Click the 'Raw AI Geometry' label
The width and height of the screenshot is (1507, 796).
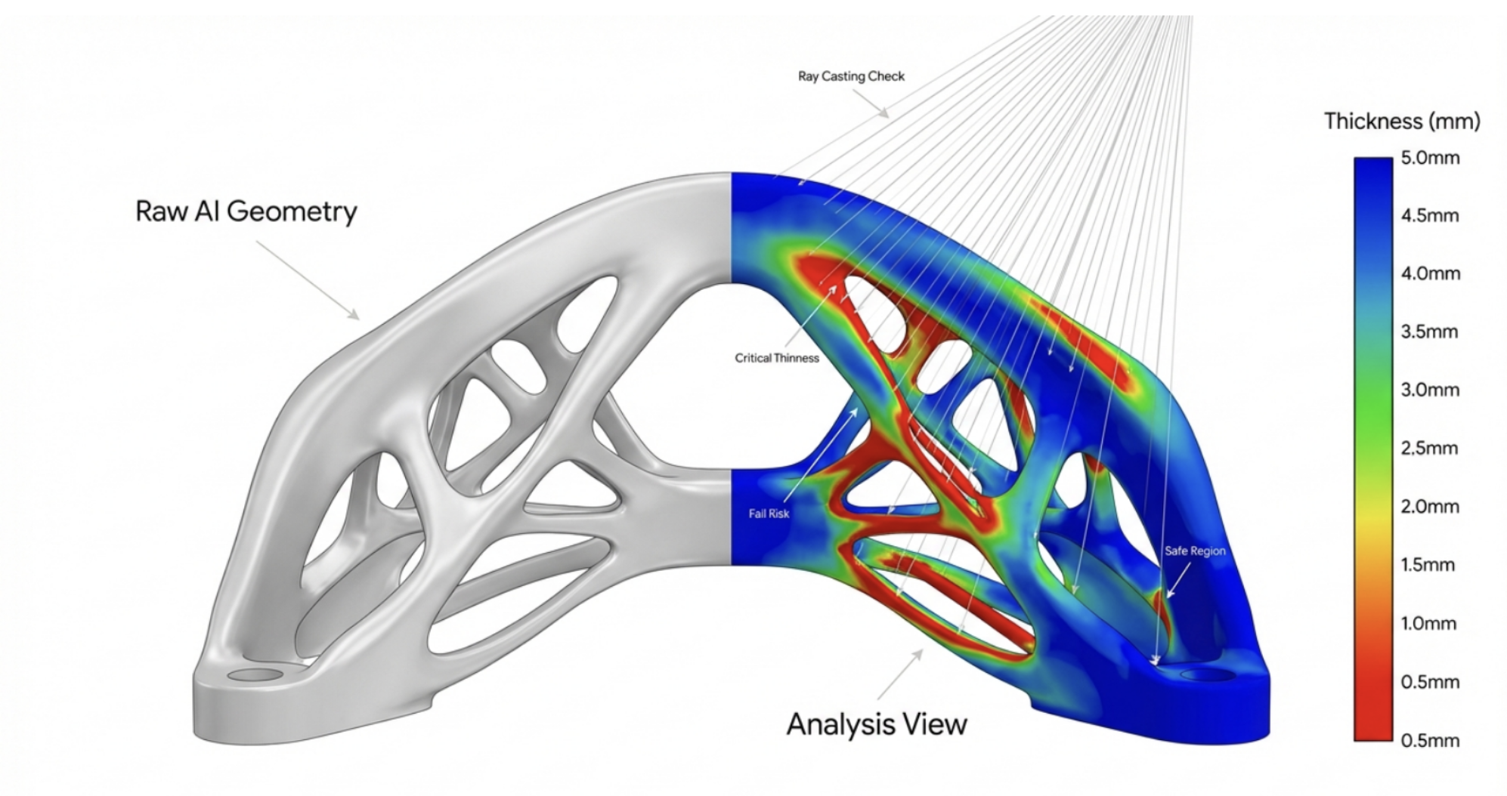click(x=246, y=211)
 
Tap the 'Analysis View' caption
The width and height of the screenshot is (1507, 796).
click(x=876, y=723)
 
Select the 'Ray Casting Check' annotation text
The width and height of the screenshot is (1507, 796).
click(x=851, y=76)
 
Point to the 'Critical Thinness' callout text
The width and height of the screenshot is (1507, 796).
click(x=776, y=358)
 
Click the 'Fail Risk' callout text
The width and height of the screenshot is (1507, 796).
click(x=769, y=514)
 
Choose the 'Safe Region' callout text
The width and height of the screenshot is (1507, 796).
click(x=1194, y=551)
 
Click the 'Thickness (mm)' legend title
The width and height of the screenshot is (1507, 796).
click(x=1401, y=121)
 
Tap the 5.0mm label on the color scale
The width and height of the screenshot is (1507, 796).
click(x=1430, y=158)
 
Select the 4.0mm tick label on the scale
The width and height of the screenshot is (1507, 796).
click(x=1430, y=273)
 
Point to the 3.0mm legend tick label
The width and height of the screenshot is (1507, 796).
click(x=1430, y=390)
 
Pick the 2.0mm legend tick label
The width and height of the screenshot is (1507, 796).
click(x=1430, y=506)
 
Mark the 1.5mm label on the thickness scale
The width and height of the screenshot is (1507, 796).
click(x=1428, y=564)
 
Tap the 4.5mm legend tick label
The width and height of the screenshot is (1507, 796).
click(x=1430, y=215)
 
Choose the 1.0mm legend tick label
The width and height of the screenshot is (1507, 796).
click(x=1428, y=623)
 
